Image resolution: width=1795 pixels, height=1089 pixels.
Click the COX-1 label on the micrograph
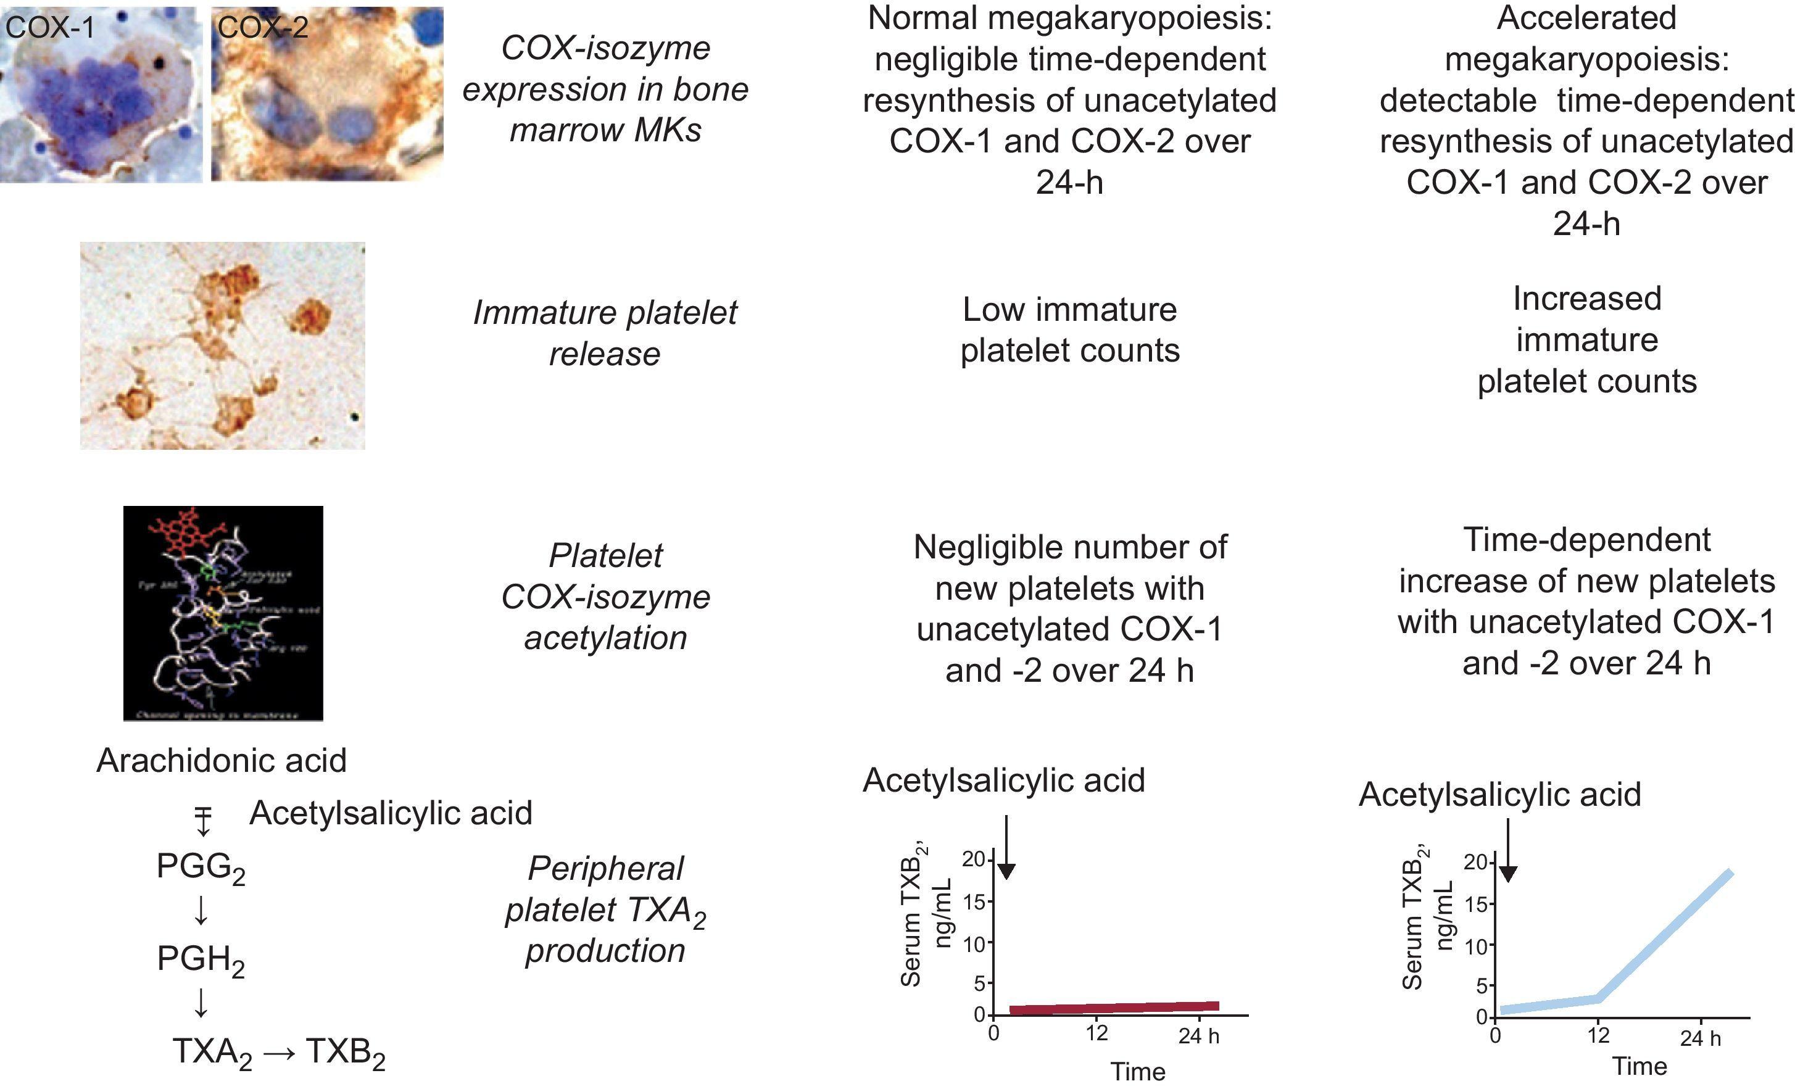49,28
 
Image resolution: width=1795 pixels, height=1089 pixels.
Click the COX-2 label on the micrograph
263,28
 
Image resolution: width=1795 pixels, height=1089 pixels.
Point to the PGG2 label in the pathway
201,867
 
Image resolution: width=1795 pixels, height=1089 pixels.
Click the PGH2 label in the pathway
201,959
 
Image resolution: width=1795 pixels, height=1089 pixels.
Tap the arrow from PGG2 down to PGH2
201,911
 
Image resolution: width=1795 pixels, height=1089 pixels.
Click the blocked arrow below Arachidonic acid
202,821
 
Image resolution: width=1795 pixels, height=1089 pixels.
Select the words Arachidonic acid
222,761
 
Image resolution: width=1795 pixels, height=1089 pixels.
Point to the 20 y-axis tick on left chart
972,859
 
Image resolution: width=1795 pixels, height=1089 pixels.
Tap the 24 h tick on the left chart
1198,1035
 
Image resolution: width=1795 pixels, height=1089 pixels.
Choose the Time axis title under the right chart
1639,1066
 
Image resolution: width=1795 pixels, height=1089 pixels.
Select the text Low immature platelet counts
1069,330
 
